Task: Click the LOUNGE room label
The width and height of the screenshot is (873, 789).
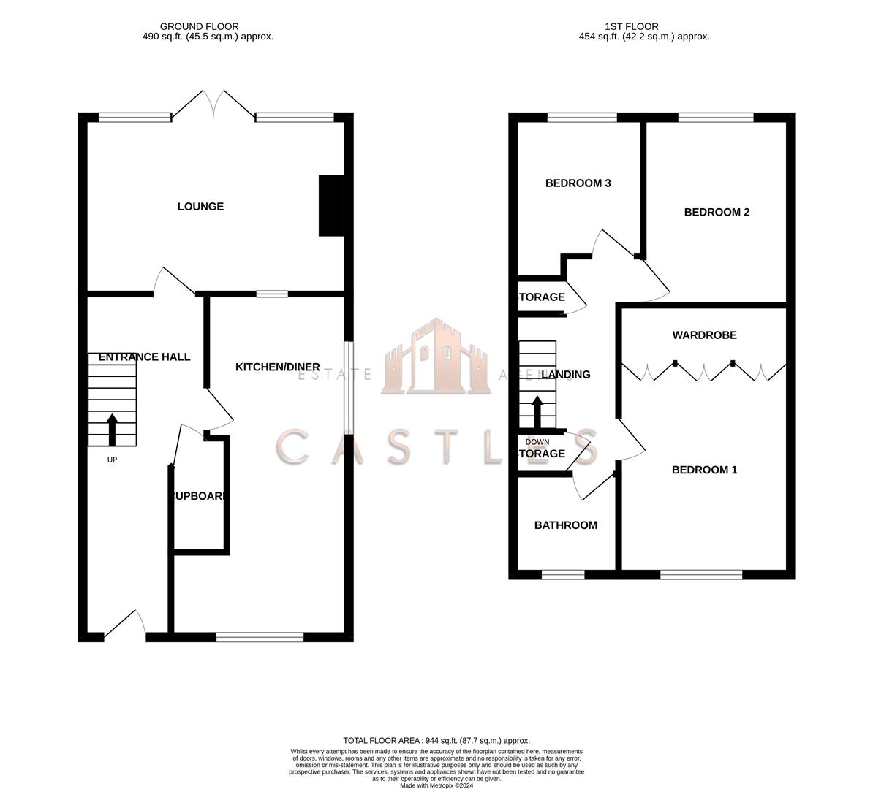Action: point(200,207)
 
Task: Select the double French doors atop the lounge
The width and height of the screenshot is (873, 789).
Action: point(213,104)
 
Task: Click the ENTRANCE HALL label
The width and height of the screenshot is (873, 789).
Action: point(144,357)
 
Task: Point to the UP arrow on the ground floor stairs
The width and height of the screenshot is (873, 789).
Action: point(112,430)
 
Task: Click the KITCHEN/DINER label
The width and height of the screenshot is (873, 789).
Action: point(277,367)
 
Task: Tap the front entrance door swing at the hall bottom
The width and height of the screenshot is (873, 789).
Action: point(125,625)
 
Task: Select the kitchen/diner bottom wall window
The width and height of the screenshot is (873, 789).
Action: point(260,638)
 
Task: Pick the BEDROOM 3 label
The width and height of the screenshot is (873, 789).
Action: point(578,183)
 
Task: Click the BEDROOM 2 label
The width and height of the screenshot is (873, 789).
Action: point(717,213)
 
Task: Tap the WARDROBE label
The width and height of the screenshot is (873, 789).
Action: point(704,335)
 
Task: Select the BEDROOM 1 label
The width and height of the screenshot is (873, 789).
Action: point(704,470)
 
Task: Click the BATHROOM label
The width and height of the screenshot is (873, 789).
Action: point(565,525)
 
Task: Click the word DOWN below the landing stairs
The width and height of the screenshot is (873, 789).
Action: point(537,442)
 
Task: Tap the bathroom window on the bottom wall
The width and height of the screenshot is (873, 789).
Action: point(563,575)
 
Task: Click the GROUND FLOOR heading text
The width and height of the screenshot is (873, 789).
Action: point(199,26)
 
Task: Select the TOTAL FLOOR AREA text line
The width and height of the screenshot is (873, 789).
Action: point(436,740)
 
